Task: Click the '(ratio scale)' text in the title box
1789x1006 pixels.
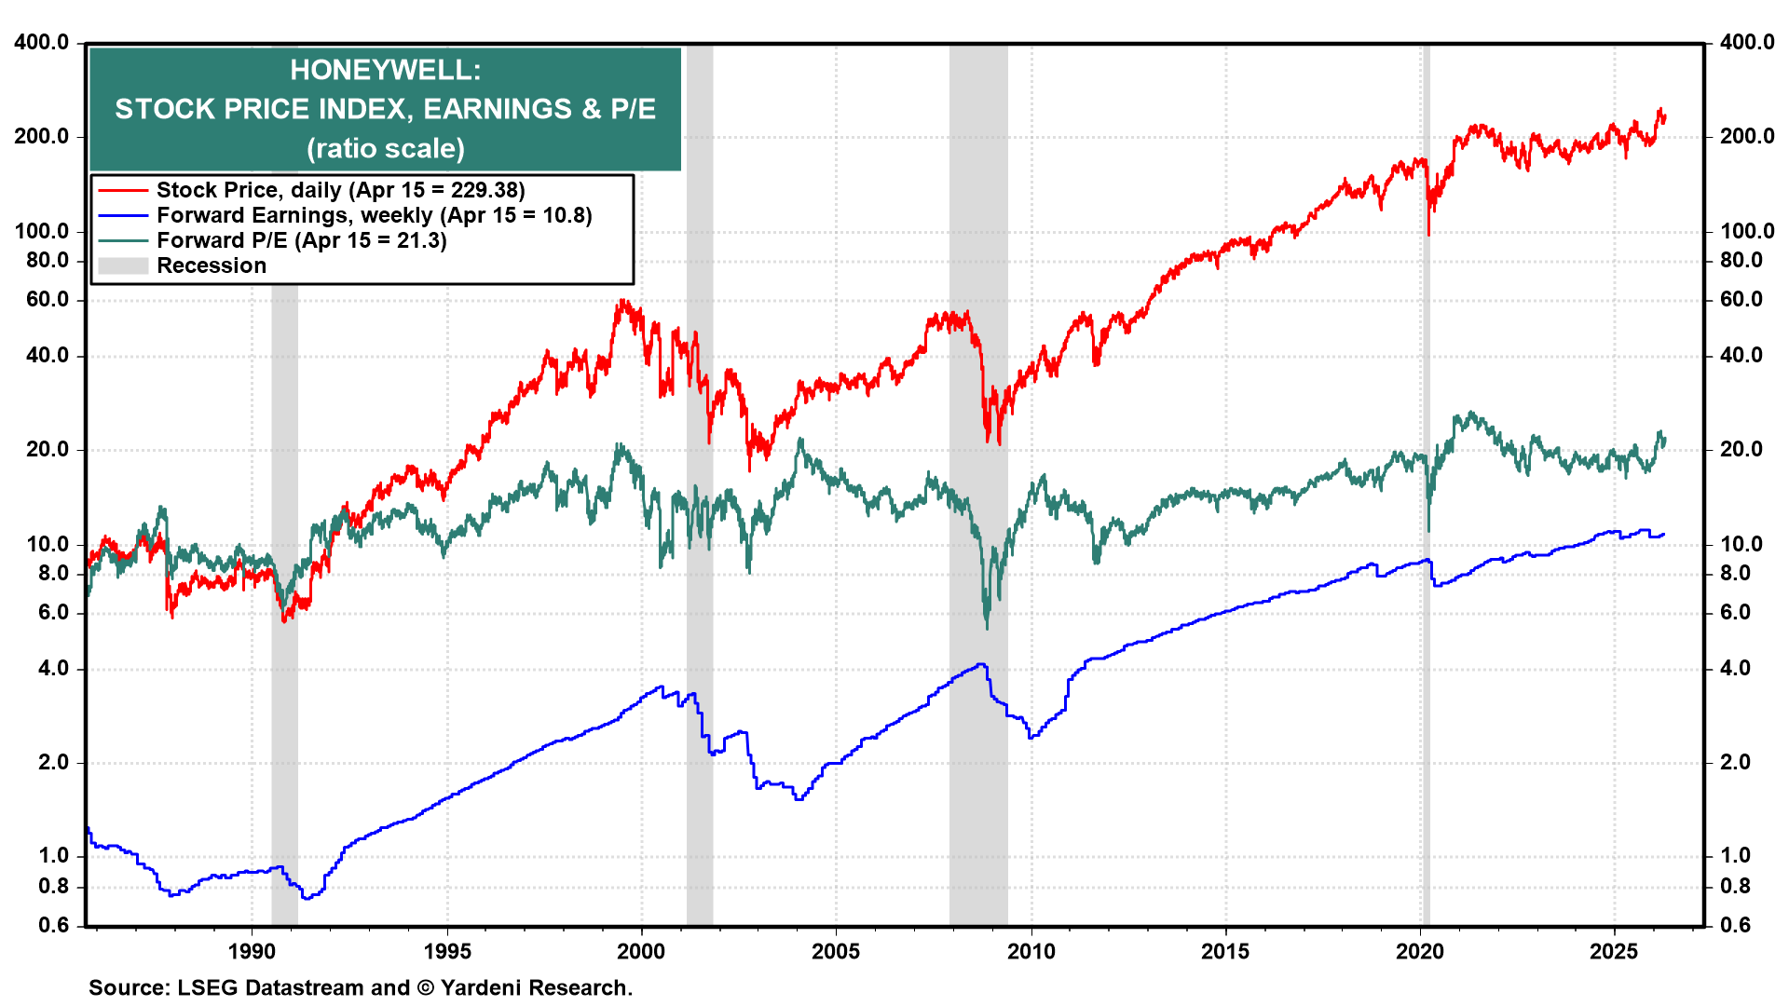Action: [x=385, y=149]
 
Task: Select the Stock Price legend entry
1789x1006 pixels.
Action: [x=340, y=190]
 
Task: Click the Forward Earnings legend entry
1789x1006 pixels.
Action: [x=374, y=215]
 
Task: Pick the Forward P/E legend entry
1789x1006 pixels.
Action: [x=301, y=240]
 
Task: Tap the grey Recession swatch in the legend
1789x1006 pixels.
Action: [x=123, y=266]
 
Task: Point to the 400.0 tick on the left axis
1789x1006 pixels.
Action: [x=41, y=43]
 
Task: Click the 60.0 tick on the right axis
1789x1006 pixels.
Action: [x=1741, y=299]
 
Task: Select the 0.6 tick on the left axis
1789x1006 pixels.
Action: [x=53, y=924]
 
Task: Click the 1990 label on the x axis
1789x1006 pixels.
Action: [x=252, y=951]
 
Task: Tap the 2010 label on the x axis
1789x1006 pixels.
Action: [x=1031, y=951]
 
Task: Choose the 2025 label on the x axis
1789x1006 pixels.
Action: [x=1614, y=951]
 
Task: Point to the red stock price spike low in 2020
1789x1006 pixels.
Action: [x=1428, y=234]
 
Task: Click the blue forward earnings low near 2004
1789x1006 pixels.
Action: [x=799, y=799]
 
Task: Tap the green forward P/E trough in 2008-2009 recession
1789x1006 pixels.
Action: [x=987, y=627]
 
